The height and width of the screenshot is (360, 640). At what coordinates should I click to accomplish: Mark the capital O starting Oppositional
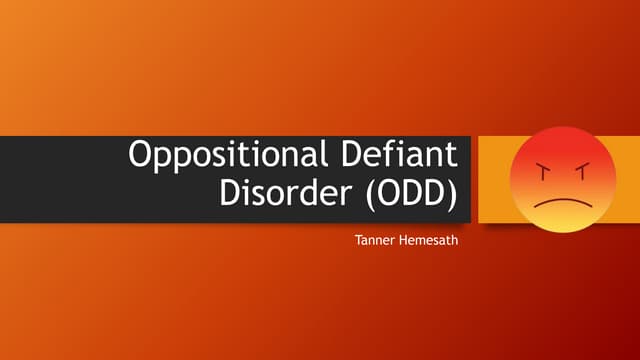coord(142,157)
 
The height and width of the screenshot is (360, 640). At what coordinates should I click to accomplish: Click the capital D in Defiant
coord(347,157)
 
